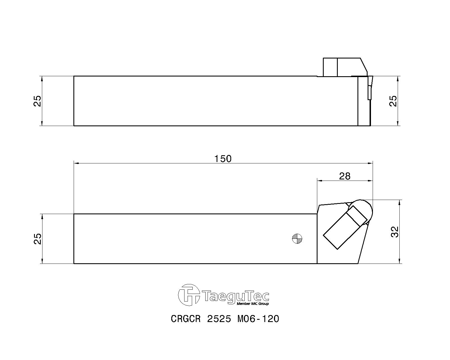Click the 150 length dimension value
click(223, 159)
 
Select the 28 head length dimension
click(345, 176)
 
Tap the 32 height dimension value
click(395, 232)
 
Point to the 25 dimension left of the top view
click(37, 101)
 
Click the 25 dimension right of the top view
click(393, 101)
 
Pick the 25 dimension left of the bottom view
click(37, 239)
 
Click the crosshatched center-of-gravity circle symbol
click(297, 239)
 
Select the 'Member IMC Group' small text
click(253, 304)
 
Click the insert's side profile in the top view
click(370, 87)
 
